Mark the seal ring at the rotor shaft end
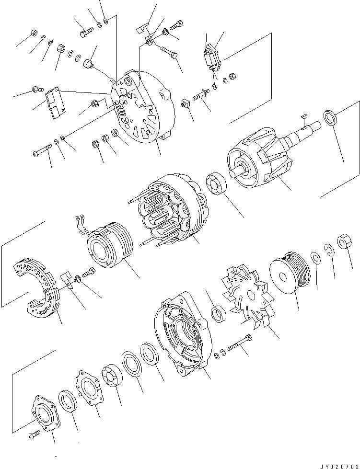330,117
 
